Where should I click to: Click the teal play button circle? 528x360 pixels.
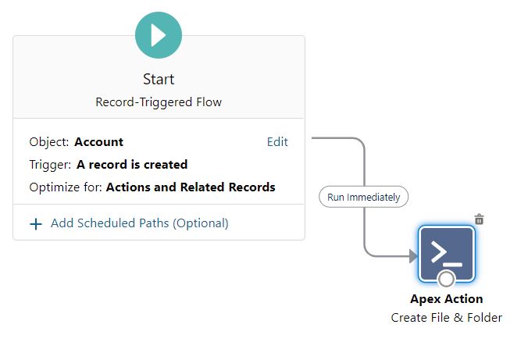click(159, 35)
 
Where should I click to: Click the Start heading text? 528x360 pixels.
click(159, 80)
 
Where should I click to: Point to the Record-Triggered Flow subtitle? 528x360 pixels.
click(159, 102)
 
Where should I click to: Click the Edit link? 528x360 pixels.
click(277, 142)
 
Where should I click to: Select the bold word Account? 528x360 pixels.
click(99, 142)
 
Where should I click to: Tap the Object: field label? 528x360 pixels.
click(49, 142)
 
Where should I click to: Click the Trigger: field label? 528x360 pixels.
click(50, 164)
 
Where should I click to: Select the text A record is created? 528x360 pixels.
click(132, 164)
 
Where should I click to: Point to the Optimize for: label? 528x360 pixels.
click(66, 187)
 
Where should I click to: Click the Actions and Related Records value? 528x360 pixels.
click(191, 187)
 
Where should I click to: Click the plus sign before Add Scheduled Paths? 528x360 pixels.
click(36, 224)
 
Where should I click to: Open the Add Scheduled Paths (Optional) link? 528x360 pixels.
click(140, 223)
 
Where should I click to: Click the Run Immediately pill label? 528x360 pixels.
click(364, 197)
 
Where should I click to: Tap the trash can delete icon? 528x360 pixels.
click(479, 219)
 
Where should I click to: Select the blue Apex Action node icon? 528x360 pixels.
click(447, 254)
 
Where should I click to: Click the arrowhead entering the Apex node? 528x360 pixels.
click(413, 256)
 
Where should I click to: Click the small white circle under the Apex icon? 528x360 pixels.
click(446, 279)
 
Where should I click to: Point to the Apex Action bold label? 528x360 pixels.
click(447, 299)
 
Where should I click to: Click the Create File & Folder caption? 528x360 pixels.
click(447, 318)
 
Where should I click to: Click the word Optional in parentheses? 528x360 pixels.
click(201, 223)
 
